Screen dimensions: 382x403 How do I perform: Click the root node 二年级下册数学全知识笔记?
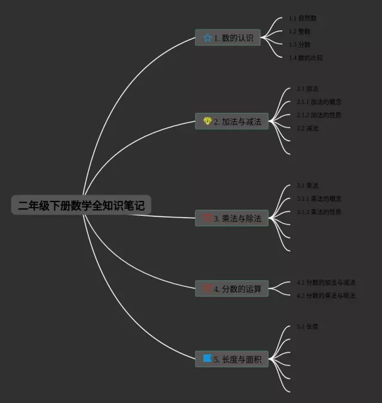(81, 206)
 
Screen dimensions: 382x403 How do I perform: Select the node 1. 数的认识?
(228, 38)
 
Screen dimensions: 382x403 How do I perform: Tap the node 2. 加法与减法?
(232, 122)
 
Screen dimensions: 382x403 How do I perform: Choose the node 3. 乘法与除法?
(232, 219)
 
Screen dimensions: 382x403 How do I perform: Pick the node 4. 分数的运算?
(232, 289)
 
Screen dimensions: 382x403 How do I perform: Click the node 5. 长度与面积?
(232, 359)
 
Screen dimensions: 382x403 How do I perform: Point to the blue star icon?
(207, 38)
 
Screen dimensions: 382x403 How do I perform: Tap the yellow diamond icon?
(207, 122)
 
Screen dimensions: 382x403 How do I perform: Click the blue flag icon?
(207, 359)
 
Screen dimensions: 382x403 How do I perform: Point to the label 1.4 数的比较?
(306, 58)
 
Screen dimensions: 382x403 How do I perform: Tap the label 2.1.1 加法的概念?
(319, 102)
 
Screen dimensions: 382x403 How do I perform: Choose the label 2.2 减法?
(307, 128)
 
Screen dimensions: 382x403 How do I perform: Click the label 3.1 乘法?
(307, 186)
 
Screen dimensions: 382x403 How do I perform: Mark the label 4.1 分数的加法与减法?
(326, 283)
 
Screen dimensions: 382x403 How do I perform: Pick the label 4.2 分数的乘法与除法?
(326, 296)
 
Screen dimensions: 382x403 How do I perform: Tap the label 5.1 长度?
(307, 327)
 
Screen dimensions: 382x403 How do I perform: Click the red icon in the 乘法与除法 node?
(207, 219)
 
